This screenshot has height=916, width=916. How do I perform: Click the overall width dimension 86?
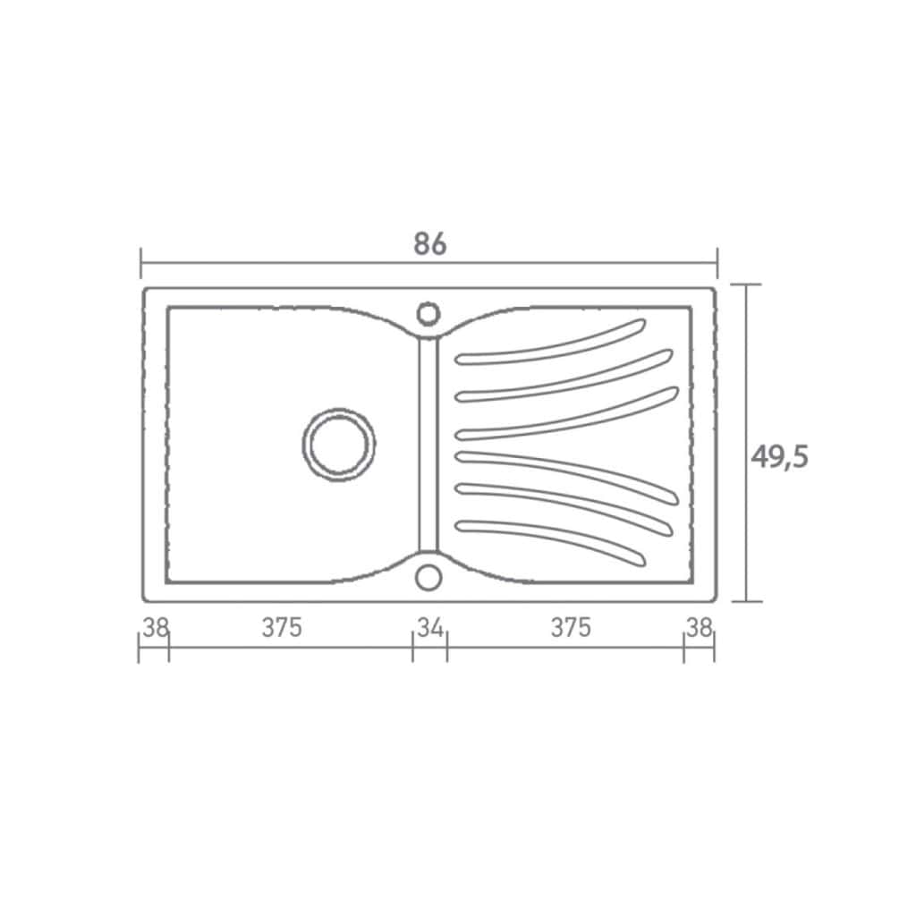pyautogui.click(x=430, y=243)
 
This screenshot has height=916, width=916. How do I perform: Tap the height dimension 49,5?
pyautogui.click(x=779, y=457)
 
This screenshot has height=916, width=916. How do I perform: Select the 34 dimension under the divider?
pyautogui.click(x=430, y=627)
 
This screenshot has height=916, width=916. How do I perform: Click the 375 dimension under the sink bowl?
pyautogui.click(x=282, y=627)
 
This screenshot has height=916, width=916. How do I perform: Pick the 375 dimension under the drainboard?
pyautogui.click(x=571, y=627)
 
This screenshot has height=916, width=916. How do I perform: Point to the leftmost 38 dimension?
pyautogui.click(x=156, y=627)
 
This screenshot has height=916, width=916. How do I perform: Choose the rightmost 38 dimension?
pyautogui.click(x=700, y=627)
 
